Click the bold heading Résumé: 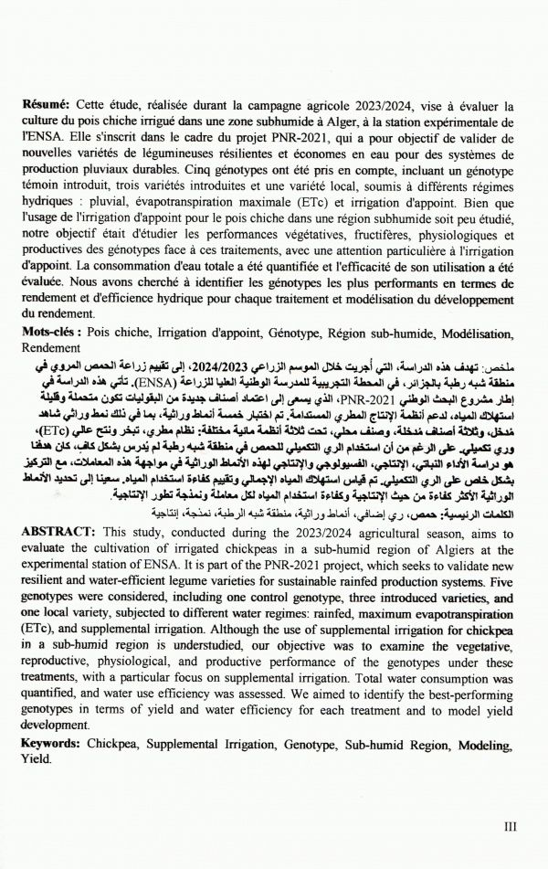[46, 106]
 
